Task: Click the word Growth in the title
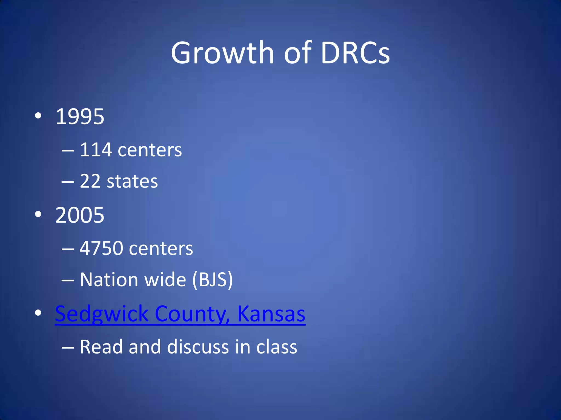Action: [222, 52]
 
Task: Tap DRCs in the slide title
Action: [355, 52]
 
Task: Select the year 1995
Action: [80, 116]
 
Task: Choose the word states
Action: [132, 182]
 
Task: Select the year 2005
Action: [80, 215]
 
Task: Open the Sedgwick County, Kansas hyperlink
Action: [180, 314]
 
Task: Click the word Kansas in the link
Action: [271, 314]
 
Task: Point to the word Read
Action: [101, 347]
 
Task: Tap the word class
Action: [277, 347]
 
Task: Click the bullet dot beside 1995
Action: [38, 116]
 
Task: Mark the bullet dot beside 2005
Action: [38, 215]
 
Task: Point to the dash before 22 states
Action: [68, 182]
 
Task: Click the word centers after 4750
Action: [161, 249]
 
